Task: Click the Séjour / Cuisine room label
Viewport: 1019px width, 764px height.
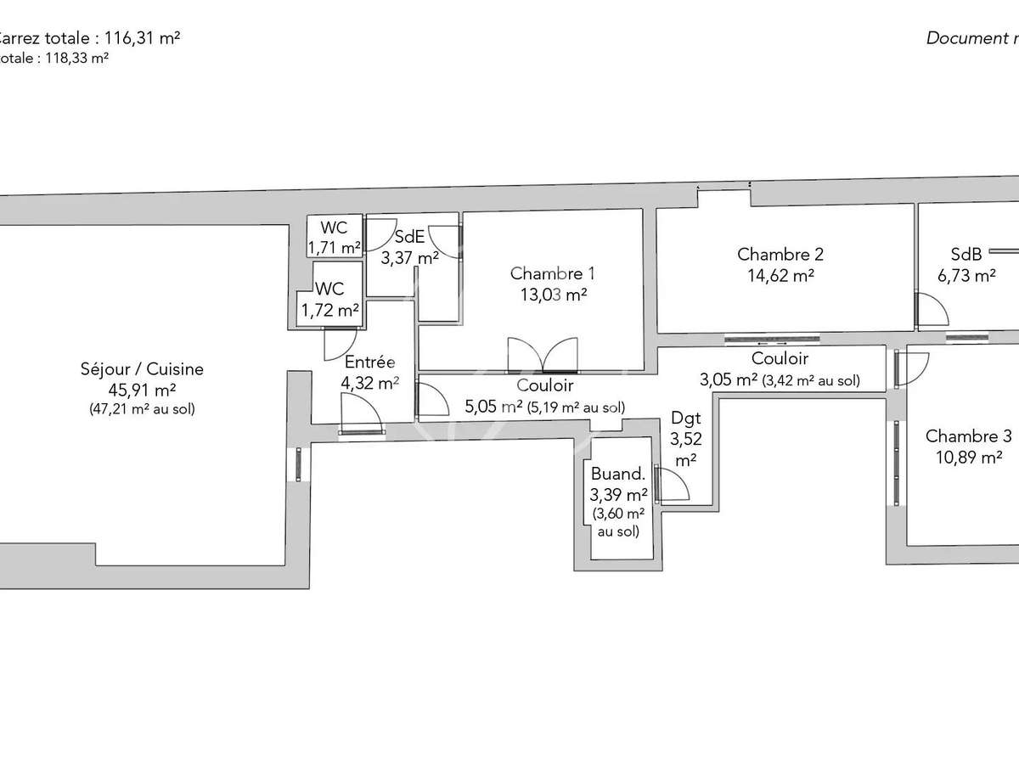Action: coord(142,369)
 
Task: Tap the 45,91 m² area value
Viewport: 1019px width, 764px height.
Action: coord(142,390)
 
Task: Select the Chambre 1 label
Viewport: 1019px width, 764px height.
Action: coord(552,273)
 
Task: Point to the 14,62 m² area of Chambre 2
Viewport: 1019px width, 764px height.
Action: coord(780,274)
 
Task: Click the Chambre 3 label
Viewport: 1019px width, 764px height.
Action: coord(968,436)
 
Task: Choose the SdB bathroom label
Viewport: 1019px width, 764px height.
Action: coord(966,254)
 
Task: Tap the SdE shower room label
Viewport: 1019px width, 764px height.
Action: coord(408,238)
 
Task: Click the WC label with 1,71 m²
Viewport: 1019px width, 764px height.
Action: coord(334,228)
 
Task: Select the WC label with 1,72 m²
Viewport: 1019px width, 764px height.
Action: coord(328,290)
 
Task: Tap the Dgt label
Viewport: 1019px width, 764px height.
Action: coord(685,418)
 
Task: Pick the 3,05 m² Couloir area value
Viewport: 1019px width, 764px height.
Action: coord(729,379)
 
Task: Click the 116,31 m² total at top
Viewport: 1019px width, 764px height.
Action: coord(140,37)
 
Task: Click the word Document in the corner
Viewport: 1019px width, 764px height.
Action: coord(964,37)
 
